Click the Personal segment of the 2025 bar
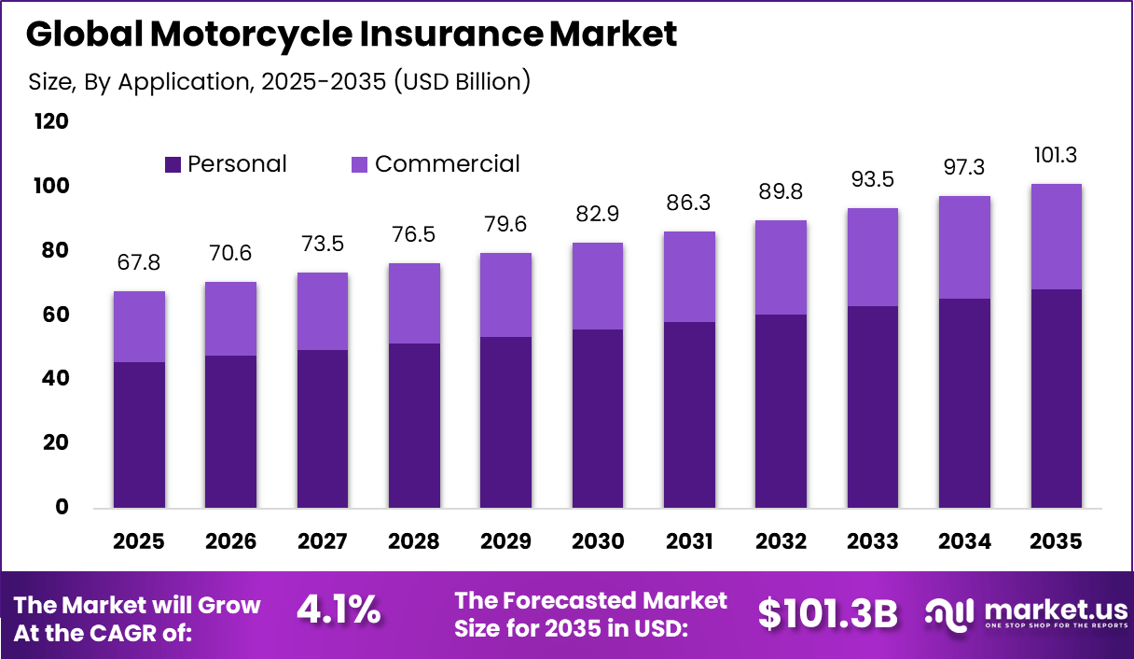[139, 435]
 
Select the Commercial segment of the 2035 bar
[1056, 236]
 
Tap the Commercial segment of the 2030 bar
[597, 286]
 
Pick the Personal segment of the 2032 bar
[781, 411]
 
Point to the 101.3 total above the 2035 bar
[1056, 155]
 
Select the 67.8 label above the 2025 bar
[139, 262]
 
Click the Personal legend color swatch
[173, 165]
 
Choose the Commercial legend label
[447, 164]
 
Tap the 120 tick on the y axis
[50, 122]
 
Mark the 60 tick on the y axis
[56, 315]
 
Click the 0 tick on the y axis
[62, 507]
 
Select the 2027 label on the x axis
[322, 541]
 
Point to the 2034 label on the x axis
[964, 541]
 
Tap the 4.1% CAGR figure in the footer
[339, 610]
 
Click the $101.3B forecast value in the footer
[827, 613]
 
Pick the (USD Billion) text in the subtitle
[462, 81]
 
